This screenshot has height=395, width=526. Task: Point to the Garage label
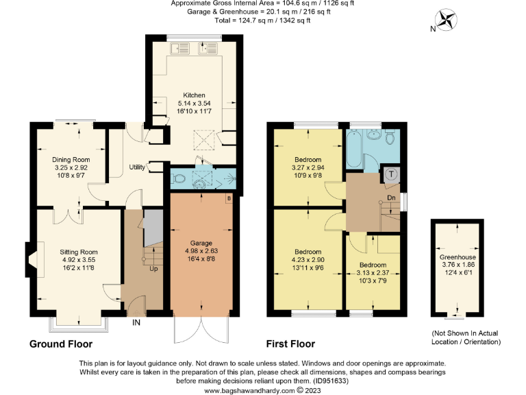201,243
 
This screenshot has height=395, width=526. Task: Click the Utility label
137,167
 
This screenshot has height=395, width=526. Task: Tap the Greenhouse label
456,259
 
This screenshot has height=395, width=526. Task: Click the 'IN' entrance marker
137,321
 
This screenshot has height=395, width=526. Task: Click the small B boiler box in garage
229,200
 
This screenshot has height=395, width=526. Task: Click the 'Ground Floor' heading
61,344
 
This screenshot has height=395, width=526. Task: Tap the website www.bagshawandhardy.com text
252,390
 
